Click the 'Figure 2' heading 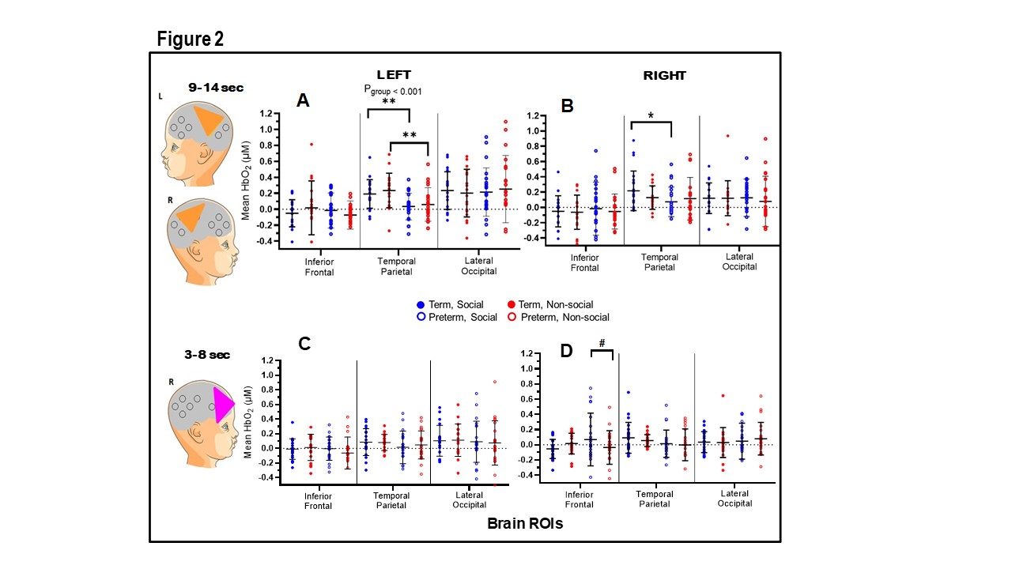pos(191,39)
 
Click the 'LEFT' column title pos(394,74)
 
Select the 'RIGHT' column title pos(664,75)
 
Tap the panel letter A pos(303,100)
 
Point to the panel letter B pos(567,106)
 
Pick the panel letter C pos(304,344)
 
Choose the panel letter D pos(567,351)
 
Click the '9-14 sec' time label pos(216,88)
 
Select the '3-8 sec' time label pos(207,355)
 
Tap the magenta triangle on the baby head pos(222,404)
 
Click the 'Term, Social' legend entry pos(450,304)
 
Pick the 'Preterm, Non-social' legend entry pos(558,317)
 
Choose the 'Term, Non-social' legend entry pos(550,304)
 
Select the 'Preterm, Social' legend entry pos(457,317)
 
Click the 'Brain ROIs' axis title pos(525,523)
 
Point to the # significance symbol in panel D pos(602,343)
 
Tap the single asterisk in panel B pos(651,116)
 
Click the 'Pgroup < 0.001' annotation pos(393,90)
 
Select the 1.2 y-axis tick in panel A pos(266,113)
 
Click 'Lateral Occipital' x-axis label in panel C pos(470,500)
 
